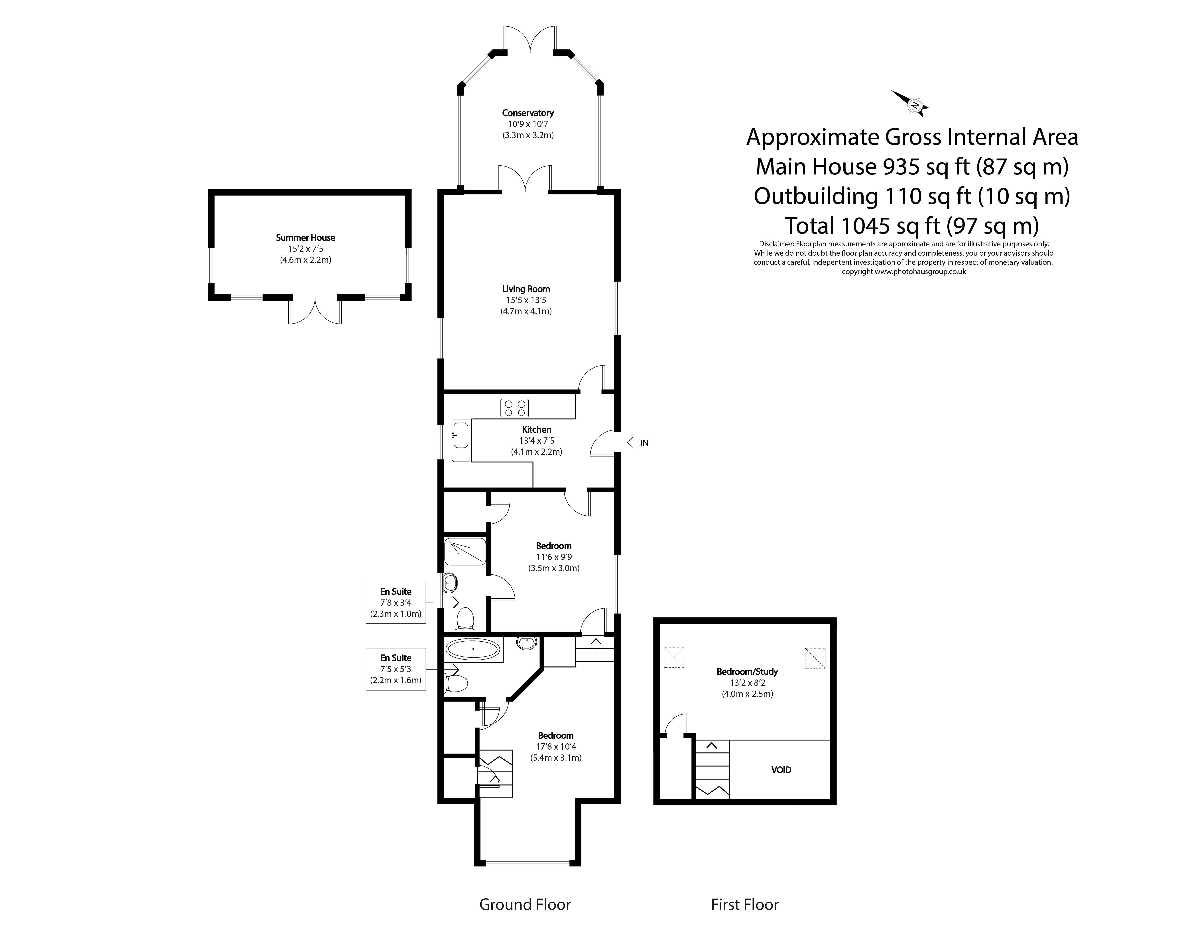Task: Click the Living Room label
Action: pos(526,289)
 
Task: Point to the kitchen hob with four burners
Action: pos(514,408)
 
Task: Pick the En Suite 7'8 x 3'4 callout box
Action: pos(396,602)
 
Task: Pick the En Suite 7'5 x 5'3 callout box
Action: pos(396,669)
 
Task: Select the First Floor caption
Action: pos(745,904)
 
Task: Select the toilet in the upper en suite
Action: pos(465,618)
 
